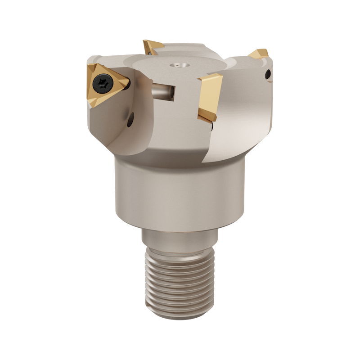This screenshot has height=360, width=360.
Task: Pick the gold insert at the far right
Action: (260, 54)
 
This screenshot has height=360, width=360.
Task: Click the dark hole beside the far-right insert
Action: (268, 74)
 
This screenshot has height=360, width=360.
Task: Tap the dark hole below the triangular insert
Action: (130, 119)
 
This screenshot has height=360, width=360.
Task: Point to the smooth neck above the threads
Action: (180, 238)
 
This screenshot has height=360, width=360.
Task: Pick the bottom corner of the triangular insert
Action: (93, 105)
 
